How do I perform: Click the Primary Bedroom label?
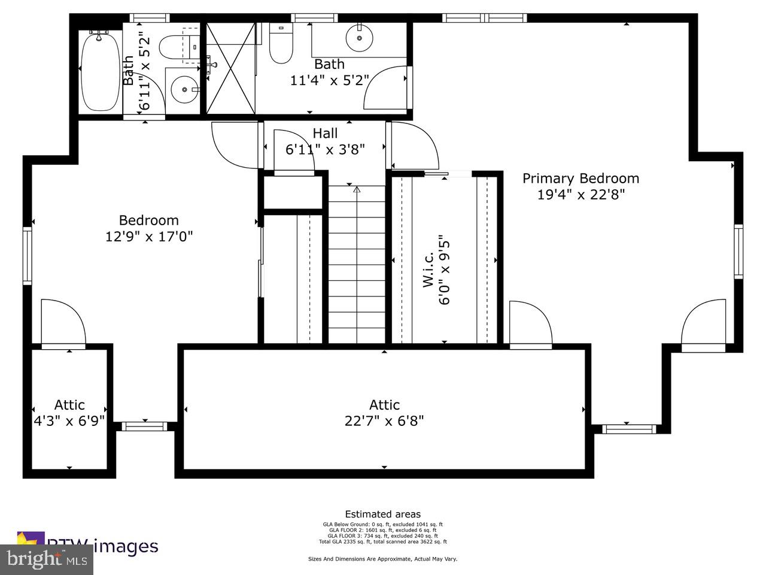[x=580, y=178]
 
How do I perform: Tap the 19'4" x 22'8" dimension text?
[x=580, y=195]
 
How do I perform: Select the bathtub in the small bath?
[x=99, y=72]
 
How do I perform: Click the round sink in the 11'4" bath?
[x=360, y=38]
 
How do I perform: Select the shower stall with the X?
[x=231, y=67]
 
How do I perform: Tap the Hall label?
[x=325, y=134]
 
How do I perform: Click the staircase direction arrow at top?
[x=357, y=190]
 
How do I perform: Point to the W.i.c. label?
[x=428, y=273]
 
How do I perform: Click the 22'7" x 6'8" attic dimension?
[x=384, y=421]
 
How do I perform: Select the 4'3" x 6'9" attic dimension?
[x=69, y=420]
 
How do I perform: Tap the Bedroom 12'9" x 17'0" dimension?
[x=149, y=237]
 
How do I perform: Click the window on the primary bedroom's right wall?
[x=738, y=252]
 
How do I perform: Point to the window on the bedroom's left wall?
[x=28, y=255]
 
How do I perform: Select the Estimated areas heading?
[x=382, y=514]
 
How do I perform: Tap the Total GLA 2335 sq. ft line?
[x=382, y=541]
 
